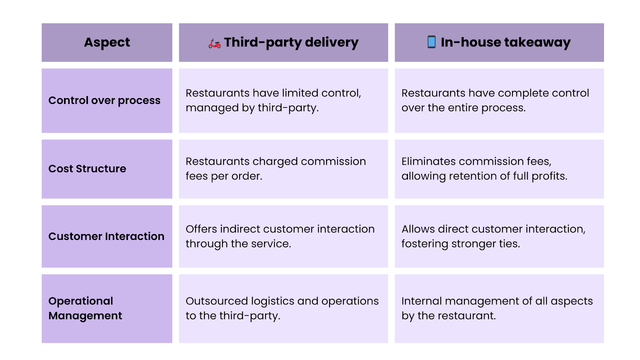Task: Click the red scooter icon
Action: tap(214, 44)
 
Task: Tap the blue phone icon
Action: tap(432, 42)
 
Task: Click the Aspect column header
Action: tap(107, 42)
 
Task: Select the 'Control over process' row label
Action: tap(104, 100)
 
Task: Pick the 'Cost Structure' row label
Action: tap(87, 168)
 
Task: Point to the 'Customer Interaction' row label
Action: tap(106, 236)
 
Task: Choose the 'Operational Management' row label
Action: tap(85, 308)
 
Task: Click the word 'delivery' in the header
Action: tap(332, 42)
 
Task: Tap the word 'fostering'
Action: tap(424, 244)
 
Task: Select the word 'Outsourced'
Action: tap(216, 301)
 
